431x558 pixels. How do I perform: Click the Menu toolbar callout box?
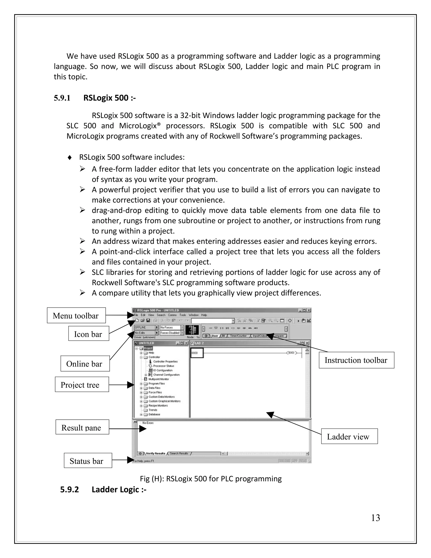click(x=76, y=316)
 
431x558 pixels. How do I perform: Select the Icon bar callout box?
click(x=88, y=334)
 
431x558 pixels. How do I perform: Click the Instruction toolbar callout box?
click(x=356, y=360)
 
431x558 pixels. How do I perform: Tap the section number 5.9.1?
click(x=62, y=98)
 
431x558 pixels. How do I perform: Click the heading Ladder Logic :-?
click(x=119, y=489)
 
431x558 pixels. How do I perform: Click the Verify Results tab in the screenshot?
click(x=156, y=454)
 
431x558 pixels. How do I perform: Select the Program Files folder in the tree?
click(x=157, y=383)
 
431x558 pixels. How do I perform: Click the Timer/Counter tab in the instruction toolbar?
click(x=238, y=336)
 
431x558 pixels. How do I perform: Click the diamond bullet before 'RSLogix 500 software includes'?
click(x=69, y=157)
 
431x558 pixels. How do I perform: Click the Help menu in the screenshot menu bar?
click(x=204, y=315)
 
